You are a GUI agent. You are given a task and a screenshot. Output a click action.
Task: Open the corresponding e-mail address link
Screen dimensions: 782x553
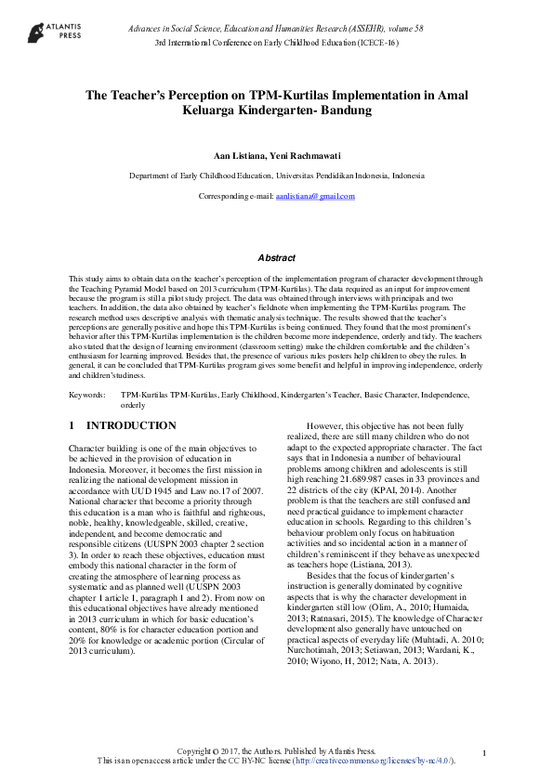click(315, 196)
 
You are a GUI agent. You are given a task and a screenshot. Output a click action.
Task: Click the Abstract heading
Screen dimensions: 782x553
click(276, 257)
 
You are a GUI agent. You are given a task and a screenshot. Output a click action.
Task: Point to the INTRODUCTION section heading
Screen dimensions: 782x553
click(131, 425)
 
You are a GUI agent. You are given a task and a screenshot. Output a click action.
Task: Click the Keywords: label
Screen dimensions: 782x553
click(86, 395)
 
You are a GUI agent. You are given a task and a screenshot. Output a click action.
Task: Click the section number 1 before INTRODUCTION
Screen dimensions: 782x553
click(72, 425)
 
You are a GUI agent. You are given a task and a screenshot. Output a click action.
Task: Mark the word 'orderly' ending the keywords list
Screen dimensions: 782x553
click(133, 405)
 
